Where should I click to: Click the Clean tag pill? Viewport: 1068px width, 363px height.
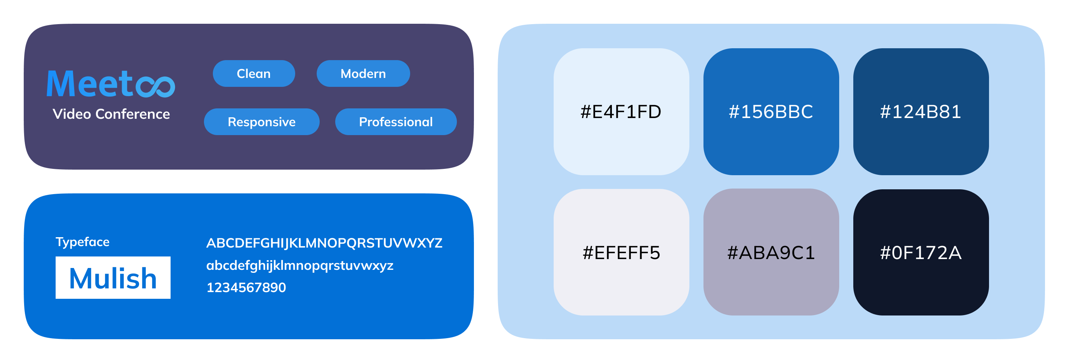[254, 73]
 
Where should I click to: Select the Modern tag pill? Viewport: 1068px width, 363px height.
[363, 73]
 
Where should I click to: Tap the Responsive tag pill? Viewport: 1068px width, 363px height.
[261, 121]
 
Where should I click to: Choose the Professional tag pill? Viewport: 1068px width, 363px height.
[396, 121]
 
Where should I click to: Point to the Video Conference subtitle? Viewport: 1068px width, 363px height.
[111, 114]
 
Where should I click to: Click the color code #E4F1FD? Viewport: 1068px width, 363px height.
[621, 112]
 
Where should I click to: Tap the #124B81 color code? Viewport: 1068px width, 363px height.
[920, 112]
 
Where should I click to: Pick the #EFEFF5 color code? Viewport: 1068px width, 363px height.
[621, 253]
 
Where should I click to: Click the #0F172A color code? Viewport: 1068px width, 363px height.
[920, 253]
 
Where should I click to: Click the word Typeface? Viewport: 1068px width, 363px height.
[82, 242]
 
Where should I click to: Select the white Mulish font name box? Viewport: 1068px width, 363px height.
[113, 278]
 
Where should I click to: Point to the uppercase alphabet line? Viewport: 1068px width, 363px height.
[324, 243]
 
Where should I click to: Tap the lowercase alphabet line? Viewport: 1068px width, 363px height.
[300, 265]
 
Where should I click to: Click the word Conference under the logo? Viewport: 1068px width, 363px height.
[133, 114]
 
